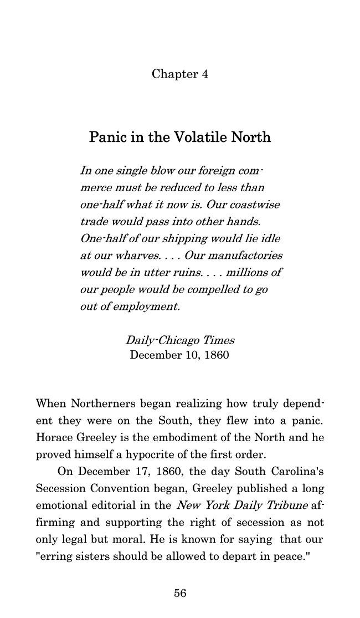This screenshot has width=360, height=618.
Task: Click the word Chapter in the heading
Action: click(173, 74)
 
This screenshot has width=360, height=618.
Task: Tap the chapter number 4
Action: click(204, 74)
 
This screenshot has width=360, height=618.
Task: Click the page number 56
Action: click(180, 593)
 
